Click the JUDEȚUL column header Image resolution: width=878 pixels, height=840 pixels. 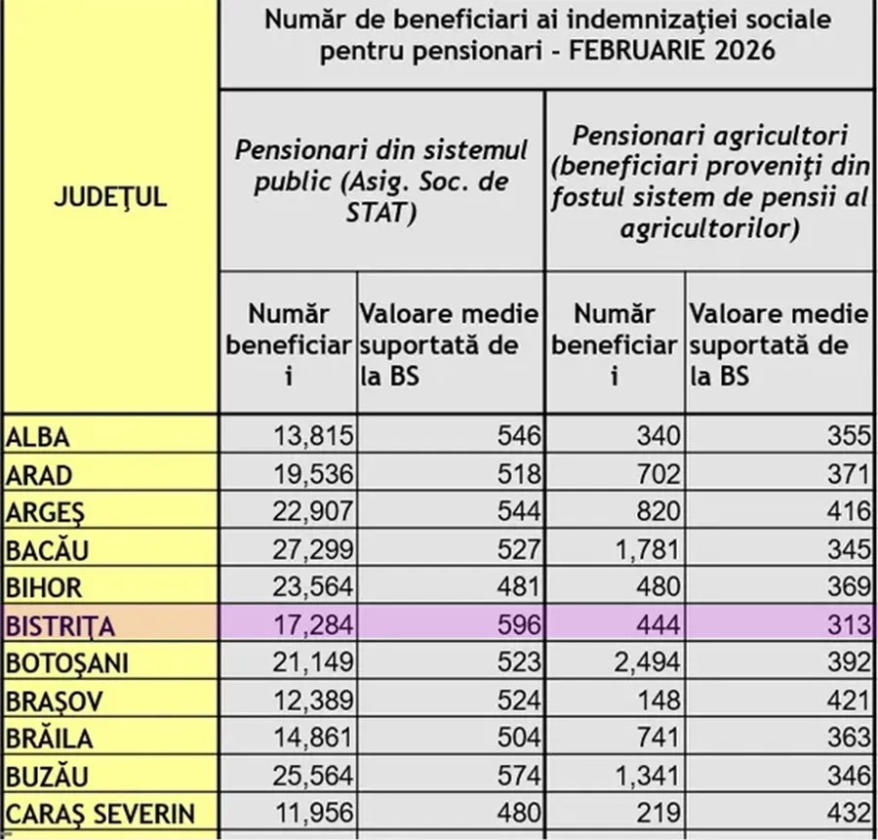pyautogui.click(x=109, y=197)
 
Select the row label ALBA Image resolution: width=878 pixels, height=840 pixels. pyautogui.click(x=39, y=437)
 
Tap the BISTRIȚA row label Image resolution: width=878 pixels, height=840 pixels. pyautogui.click(x=60, y=625)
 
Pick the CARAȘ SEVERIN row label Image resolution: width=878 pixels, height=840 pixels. pyautogui.click(x=100, y=814)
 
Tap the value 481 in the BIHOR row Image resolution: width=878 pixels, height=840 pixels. pyautogui.click(x=518, y=587)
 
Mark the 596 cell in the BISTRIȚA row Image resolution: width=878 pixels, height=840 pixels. pyautogui.click(x=518, y=625)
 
